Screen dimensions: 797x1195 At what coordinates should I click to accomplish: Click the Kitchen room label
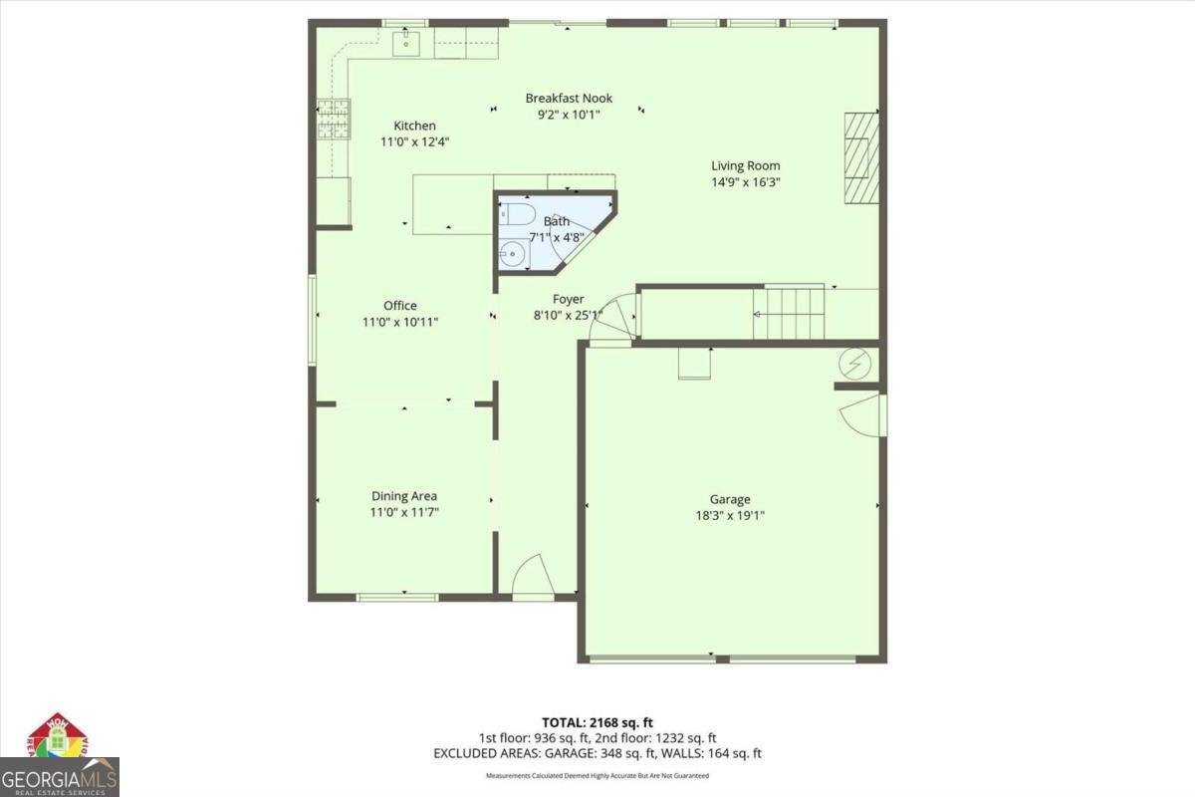[x=414, y=126]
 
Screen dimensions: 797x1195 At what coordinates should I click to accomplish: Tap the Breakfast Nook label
[x=569, y=98]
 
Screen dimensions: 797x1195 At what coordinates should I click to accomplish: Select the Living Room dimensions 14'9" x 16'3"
[x=745, y=182]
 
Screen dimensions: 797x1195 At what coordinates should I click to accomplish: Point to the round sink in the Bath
[x=513, y=253]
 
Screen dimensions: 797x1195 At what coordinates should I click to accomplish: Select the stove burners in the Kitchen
[x=333, y=120]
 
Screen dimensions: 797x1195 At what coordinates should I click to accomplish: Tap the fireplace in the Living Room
[x=861, y=157]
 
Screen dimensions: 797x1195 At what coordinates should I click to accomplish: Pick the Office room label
[x=400, y=306]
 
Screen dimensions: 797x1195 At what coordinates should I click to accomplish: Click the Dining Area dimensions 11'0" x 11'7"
[x=404, y=512]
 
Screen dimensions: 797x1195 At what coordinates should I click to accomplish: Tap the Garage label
[x=730, y=499]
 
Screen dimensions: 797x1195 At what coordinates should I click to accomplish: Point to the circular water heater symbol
[x=854, y=365]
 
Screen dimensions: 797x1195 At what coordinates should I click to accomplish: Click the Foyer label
[x=569, y=299]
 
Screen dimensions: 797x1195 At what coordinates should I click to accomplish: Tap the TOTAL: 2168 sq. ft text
[x=597, y=722]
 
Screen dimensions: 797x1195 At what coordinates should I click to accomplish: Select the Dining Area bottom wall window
[x=396, y=597]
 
